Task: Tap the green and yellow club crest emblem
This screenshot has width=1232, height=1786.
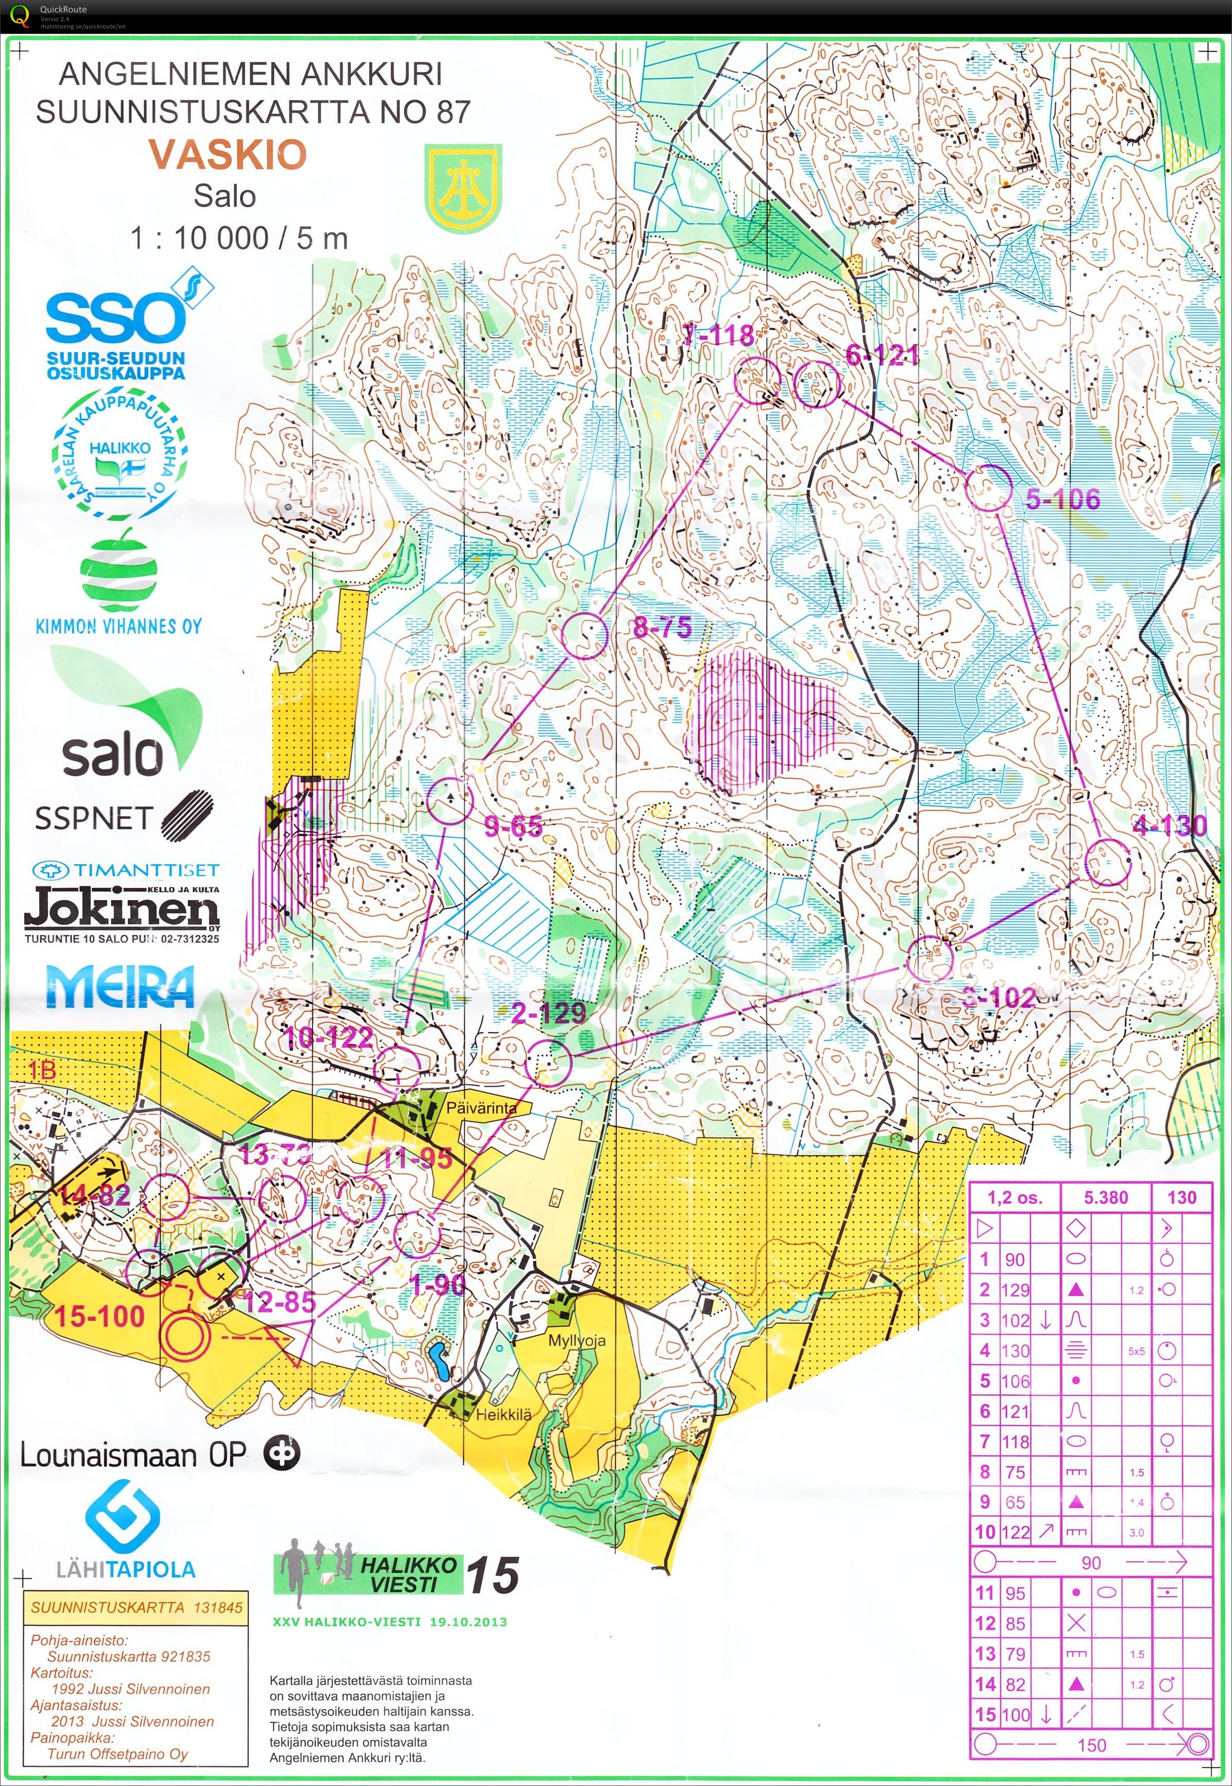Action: tap(463, 188)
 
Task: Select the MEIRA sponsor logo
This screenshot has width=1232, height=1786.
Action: tap(120, 987)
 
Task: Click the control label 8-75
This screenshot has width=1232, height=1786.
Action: tap(662, 627)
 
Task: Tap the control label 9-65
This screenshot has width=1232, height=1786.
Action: tap(513, 827)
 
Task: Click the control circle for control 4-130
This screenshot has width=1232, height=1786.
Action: tap(1107, 862)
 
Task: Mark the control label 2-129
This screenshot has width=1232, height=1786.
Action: tap(549, 1013)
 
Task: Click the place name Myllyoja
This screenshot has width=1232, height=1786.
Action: tap(577, 1341)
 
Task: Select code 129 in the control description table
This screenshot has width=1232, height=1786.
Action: tap(1015, 1290)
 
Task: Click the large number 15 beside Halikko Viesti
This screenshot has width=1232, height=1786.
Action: tap(492, 1575)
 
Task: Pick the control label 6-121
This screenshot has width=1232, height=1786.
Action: tap(882, 355)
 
